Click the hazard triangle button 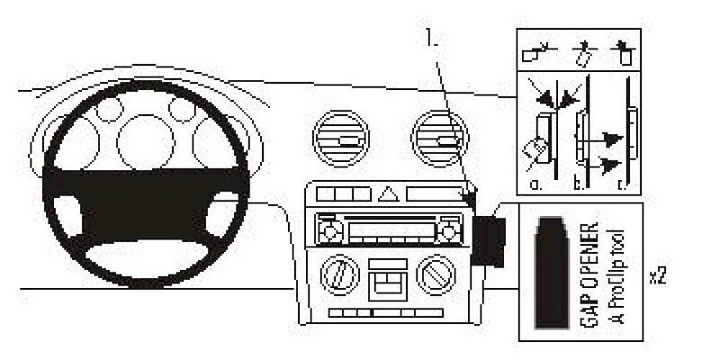pyautogui.click(x=389, y=194)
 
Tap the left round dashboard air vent pyautogui.click(x=341, y=139)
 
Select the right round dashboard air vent pyautogui.click(x=440, y=139)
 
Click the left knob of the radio pyautogui.click(x=330, y=232)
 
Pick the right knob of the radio pyautogui.click(x=448, y=232)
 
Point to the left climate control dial pyautogui.click(x=340, y=275)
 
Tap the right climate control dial pyautogui.click(x=436, y=275)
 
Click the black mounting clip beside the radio pyautogui.click(x=489, y=242)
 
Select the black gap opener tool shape pyautogui.click(x=552, y=273)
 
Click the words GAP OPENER pyautogui.click(x=589, y=274)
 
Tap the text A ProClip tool pyautogui.click(x=617, y=276)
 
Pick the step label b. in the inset pyautogui.click(x=579, y=184)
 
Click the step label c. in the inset pyautogui.click(x=623, y=184)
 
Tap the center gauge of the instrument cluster pyautogui.click(x=146, y=142)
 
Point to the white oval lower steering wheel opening pyautogui.click(x=147, y=258)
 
